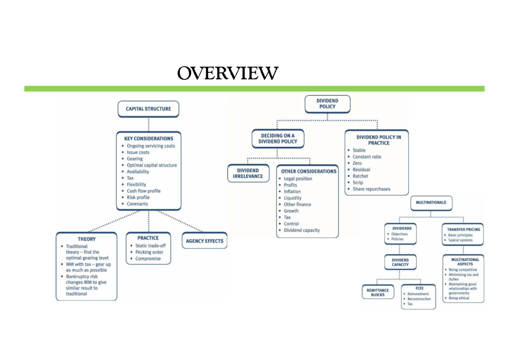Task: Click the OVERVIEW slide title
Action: (228, 73)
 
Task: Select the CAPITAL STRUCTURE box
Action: (148, 109)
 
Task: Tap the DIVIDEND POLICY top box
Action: (327, 104)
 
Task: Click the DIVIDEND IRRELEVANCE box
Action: (248, 173)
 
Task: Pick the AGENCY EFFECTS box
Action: (204, 241)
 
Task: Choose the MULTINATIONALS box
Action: (431, 203)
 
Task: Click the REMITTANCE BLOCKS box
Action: (378, 292)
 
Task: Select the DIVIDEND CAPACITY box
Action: (400, 262)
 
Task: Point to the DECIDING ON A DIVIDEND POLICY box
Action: (278, 138)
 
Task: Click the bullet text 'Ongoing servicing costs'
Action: (151, 146)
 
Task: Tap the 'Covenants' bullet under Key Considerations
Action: (137, 204)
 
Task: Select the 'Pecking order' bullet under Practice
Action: (149, 252)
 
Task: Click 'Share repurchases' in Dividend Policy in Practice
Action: (371, 189)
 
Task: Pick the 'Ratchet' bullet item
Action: (360, 176)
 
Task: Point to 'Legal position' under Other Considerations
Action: (298, 179)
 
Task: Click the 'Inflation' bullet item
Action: (292, 191)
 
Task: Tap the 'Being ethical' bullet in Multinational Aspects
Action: (459, 298)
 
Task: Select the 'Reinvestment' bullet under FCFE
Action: (418, 294)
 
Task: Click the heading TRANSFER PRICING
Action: (464, 230)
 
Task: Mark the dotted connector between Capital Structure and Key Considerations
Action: (149, 124)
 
